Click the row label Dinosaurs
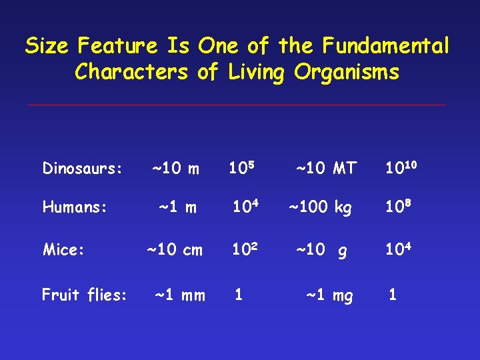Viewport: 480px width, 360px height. tap(82, 169)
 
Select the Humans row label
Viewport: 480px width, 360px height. tap(75, 208)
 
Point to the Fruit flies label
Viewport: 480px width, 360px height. tap(84, 295)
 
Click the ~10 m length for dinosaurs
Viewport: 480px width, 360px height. tap(176, 169)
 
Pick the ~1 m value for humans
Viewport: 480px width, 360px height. tap(177, 208)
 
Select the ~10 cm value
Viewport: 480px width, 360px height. tap(175, 250)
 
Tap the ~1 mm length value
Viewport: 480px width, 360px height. tap(180, 295)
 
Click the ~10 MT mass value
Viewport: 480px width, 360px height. tap(326, 169)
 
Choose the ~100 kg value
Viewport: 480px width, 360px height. tap(319, 208)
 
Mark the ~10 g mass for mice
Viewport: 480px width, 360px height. tap(321, 251)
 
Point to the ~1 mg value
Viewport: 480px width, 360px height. tap(329, 295)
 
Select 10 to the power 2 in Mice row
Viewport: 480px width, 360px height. tap(245, 249)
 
